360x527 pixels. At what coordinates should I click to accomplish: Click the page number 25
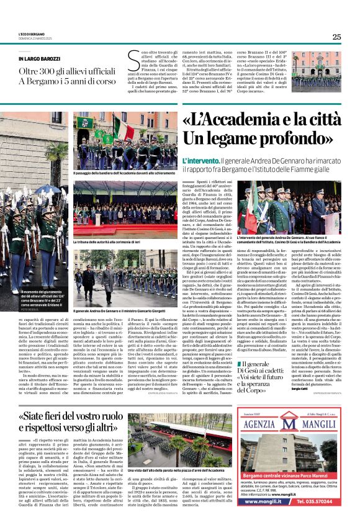[336, 37]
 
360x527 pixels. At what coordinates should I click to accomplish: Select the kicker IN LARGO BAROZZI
[44, 60]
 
